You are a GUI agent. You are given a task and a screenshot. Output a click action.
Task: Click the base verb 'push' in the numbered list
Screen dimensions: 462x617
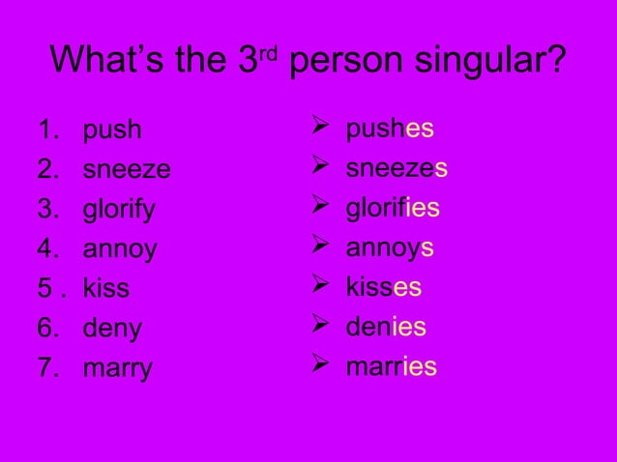tap(112, 130)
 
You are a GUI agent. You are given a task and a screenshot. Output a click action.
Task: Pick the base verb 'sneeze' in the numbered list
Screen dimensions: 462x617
tap(127, 170)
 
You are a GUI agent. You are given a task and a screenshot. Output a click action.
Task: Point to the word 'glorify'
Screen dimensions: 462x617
tap(119, 211)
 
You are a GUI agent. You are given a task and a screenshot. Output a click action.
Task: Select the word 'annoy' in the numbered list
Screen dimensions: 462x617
tap(120, 250)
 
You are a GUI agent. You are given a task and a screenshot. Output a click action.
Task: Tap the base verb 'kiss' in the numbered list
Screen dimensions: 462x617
tap(106, 289)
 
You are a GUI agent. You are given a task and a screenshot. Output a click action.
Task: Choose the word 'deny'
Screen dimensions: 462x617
tap(112, 330)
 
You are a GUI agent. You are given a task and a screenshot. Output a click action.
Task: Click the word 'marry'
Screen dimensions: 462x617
tap(118, 369)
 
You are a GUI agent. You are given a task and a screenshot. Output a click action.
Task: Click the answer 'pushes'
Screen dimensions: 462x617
tap(390, 130)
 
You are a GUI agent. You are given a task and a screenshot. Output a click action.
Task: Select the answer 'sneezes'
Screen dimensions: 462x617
tap(397, 169)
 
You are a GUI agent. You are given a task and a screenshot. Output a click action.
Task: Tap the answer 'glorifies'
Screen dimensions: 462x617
tap(393, 209)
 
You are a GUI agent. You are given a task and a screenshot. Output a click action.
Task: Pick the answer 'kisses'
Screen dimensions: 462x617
tap(383, 287)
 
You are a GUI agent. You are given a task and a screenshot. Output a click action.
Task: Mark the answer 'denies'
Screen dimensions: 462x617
tap(386, 327)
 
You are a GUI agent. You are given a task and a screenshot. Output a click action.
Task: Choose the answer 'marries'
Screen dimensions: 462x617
tap(391, 366)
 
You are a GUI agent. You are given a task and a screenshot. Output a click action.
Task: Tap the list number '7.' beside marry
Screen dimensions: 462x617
tap(48, 369)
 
